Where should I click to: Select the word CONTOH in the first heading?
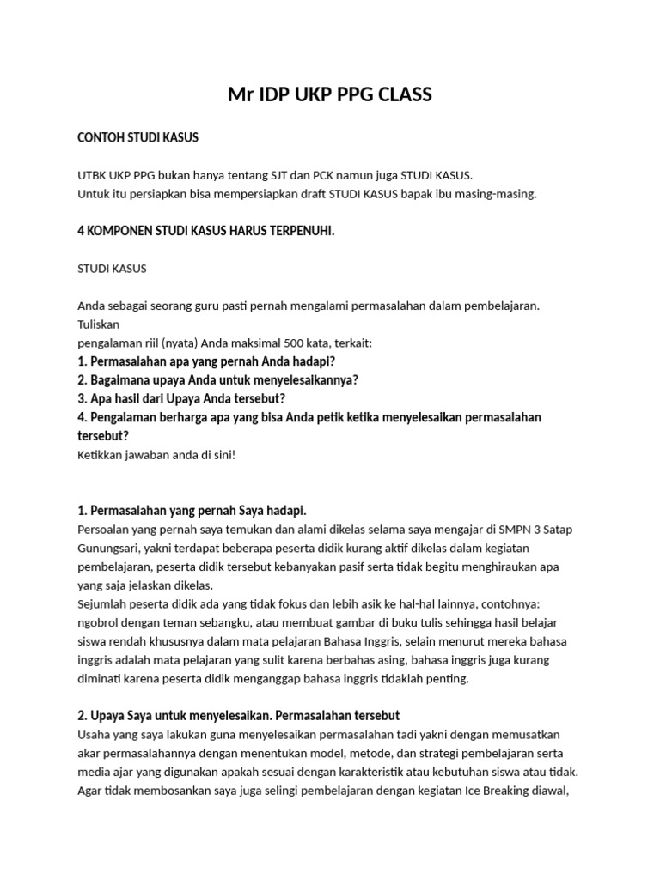pos(101,137)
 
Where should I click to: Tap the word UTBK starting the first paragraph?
pos(93,175)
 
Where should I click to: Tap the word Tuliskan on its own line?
pos(99,324)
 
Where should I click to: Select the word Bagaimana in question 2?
pos(119,379)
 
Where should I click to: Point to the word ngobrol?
pos(98,622)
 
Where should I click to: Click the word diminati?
pos(100,678)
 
